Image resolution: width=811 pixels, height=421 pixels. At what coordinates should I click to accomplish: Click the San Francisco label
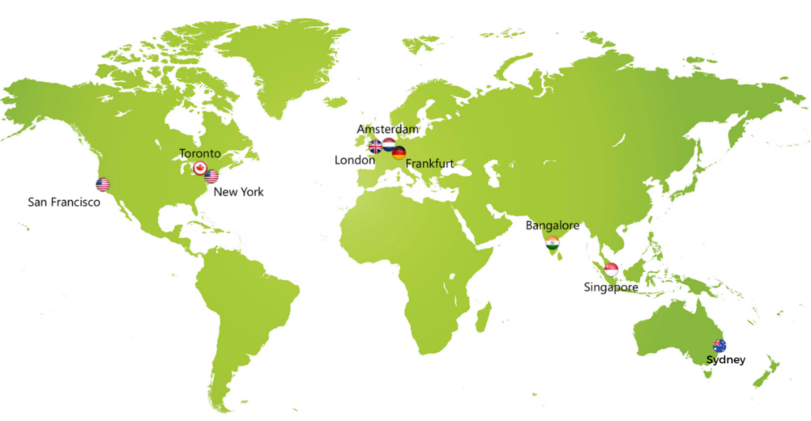64,203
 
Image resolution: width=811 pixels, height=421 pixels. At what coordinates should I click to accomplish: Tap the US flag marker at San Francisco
103,184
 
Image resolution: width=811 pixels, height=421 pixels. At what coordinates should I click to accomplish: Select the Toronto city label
200,154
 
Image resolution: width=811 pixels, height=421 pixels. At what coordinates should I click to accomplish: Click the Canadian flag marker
200,168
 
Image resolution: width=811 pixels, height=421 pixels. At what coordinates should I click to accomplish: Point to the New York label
239,192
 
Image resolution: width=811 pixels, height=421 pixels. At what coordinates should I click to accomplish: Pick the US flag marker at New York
211,176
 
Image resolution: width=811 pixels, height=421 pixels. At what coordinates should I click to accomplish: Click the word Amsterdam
388,128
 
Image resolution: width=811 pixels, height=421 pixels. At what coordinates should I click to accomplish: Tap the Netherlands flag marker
389,145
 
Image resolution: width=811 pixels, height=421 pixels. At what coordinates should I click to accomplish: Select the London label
355,160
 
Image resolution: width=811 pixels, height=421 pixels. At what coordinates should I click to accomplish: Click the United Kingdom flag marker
375,146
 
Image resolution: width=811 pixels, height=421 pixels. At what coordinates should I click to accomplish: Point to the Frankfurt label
429,164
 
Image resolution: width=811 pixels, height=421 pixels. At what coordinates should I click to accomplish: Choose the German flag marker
399,152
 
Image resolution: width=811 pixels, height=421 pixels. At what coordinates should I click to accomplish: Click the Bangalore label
553,226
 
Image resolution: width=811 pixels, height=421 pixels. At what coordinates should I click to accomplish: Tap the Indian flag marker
553,243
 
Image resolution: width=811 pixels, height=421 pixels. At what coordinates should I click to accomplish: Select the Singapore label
611,286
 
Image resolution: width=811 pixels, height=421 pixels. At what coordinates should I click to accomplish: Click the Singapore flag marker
611,269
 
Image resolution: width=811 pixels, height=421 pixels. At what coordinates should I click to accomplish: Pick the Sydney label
726,360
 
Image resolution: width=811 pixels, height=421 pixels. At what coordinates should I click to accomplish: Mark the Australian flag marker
719,345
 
